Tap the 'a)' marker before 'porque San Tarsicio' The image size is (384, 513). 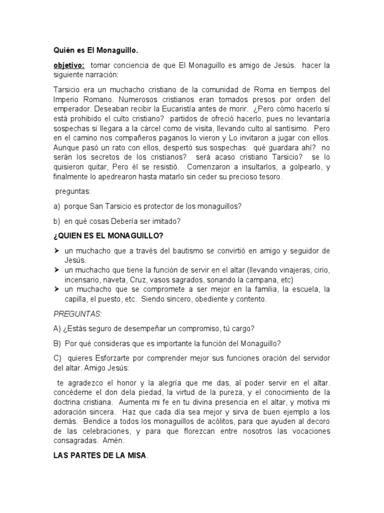pos(57,206)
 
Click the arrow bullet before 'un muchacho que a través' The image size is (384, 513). pos(56,250)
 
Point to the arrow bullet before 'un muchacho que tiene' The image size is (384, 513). pos(56,270)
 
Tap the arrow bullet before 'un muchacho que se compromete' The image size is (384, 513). pos(56,290)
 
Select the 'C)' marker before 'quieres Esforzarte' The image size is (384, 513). pos(57,358)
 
